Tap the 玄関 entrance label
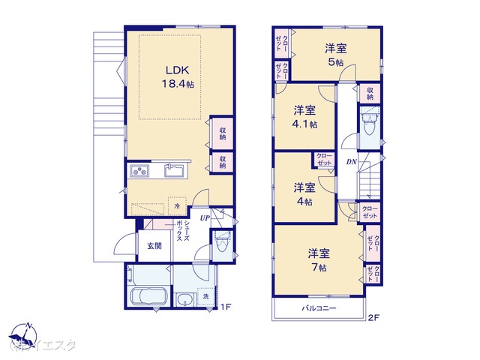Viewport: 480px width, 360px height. (154, 246)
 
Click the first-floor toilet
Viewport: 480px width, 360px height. (222, 245)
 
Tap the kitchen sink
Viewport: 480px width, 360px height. (175, 170)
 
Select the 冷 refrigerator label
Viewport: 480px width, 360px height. (177, 205)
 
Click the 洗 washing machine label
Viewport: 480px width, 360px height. (206, 297)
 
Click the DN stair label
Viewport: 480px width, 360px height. (351, 162)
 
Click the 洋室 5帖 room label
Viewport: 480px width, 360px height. (335, 55)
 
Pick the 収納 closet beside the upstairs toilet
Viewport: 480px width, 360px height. (370, 94)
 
